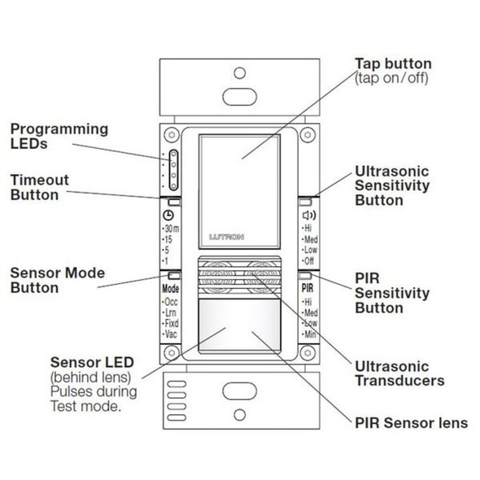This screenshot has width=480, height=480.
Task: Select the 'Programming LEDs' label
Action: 58,137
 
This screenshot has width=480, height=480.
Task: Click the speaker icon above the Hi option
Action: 308,216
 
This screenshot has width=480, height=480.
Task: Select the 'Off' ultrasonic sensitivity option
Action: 310,262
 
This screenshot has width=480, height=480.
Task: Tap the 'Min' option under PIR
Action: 310,334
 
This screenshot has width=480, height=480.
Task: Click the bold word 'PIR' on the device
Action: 308,289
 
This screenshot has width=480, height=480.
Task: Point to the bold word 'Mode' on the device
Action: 169,288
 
